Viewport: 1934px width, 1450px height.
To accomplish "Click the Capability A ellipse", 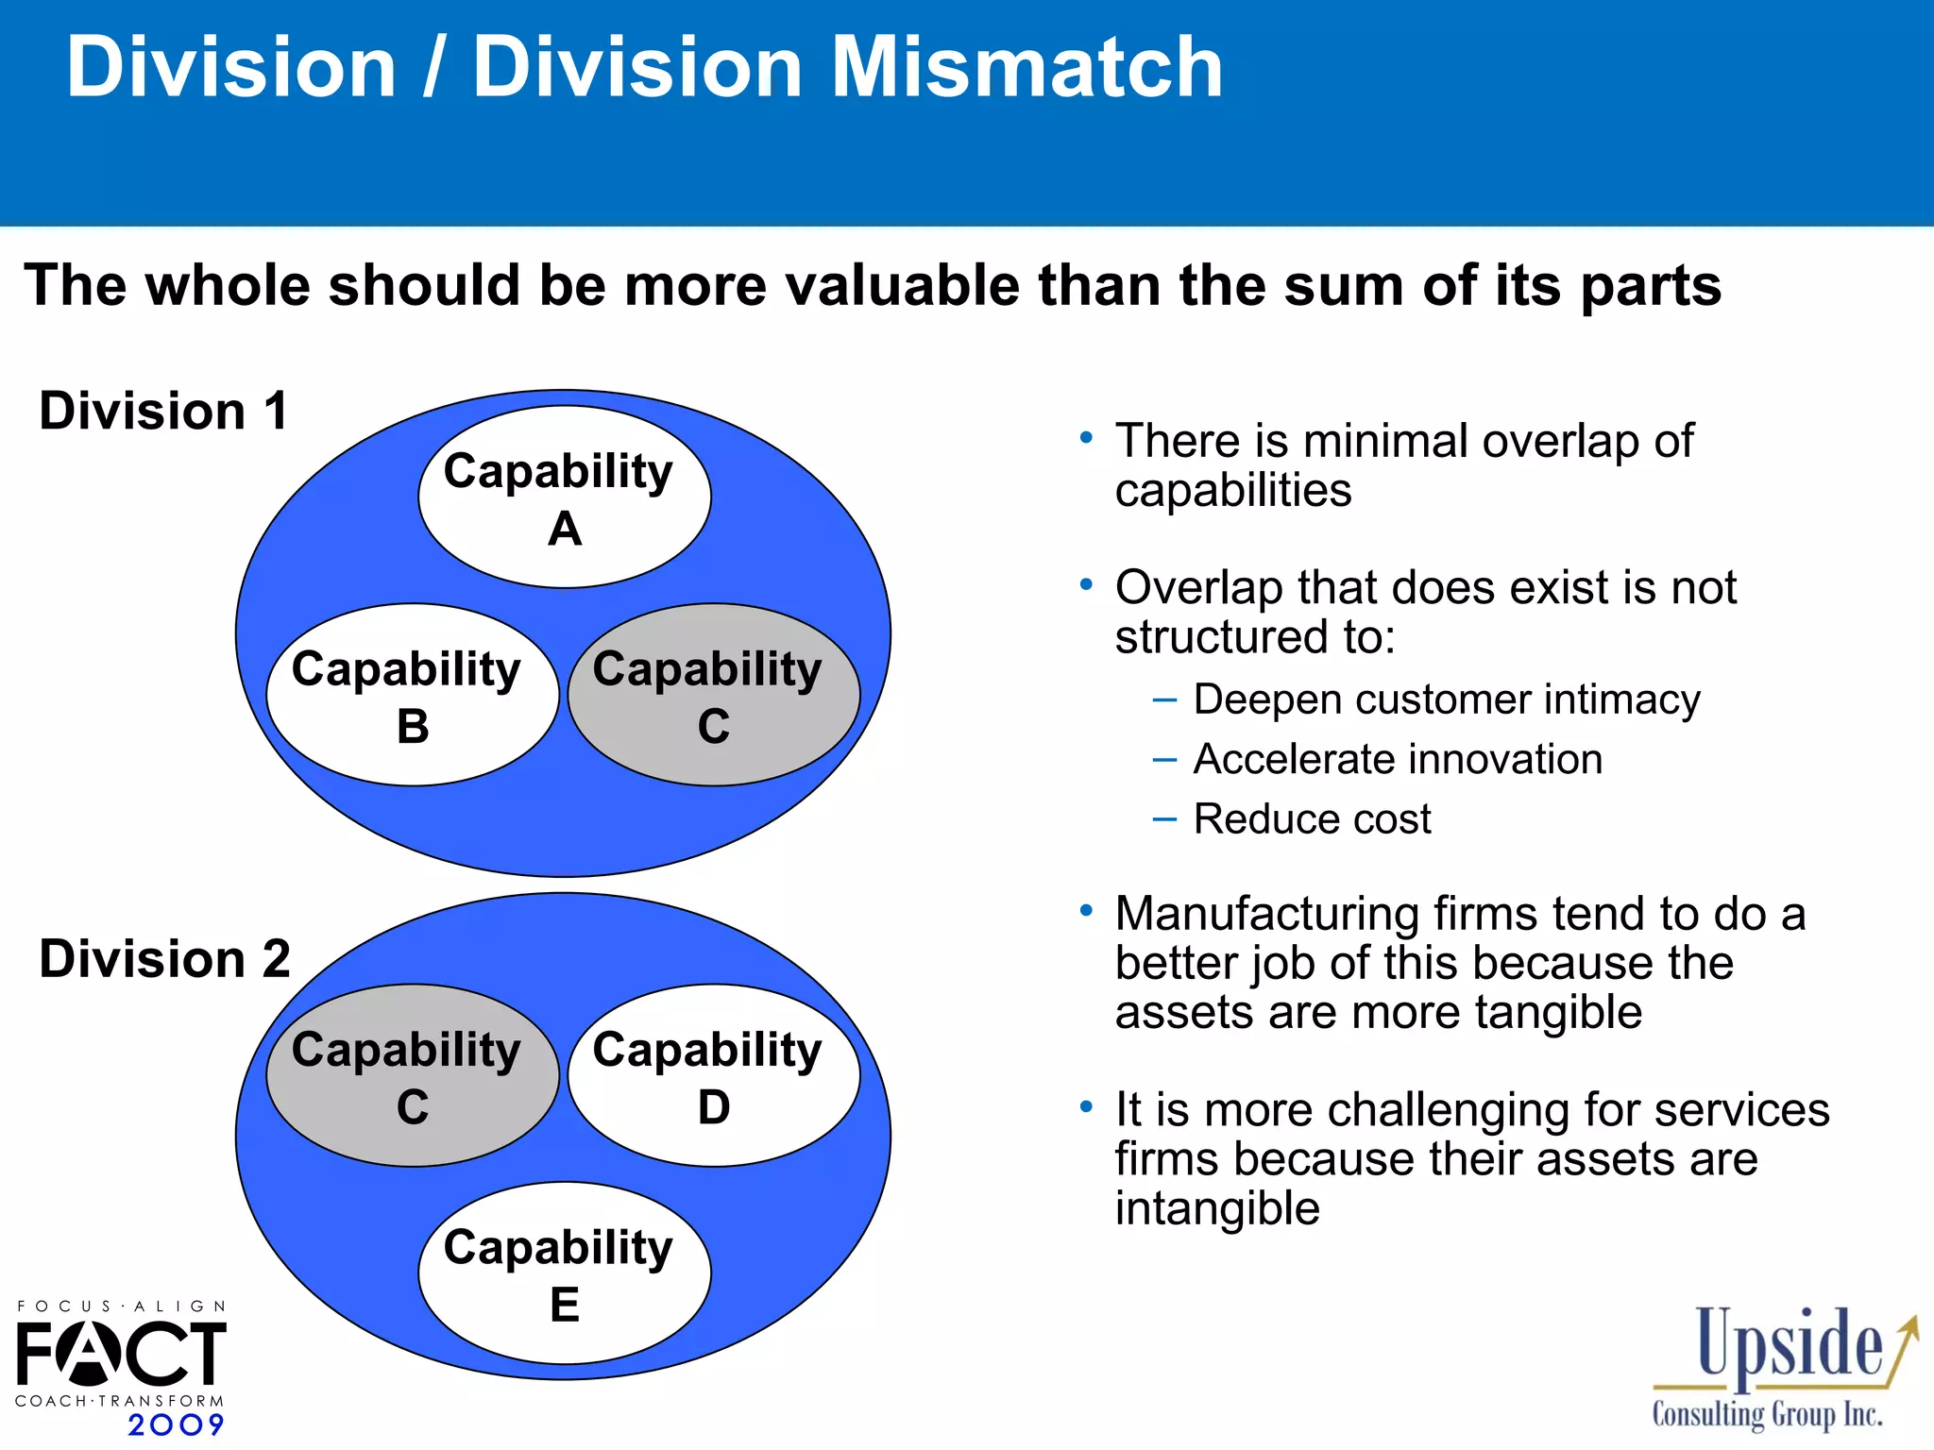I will tap(564, 497).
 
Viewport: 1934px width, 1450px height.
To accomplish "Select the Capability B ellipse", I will tap(413, 696).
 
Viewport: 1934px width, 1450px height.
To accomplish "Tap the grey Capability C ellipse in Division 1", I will tap(714, 696).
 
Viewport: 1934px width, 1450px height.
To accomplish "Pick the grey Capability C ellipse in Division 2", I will tap(413, 1076).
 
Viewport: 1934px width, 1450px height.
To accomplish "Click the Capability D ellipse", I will tap(714, 1076).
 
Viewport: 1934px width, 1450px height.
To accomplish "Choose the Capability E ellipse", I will tap(564, 1273).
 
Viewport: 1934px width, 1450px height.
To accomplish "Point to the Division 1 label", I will tap(163, 412).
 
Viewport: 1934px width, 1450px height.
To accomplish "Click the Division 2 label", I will tap(164, 959).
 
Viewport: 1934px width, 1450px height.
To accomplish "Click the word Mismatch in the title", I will tap(1026, 68).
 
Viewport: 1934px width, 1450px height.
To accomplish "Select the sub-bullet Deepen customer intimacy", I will tap(1446, 700).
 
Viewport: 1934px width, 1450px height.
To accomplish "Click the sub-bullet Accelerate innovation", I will tap(1398, 759).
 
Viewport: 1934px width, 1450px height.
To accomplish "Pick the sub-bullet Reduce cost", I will tap(1312, 818).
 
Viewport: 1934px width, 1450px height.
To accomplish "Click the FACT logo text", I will tap(121, 1353).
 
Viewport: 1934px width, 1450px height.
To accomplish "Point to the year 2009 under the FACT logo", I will tap(177, 1425).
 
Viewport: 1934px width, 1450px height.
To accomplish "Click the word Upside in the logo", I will tap(1789, 1344).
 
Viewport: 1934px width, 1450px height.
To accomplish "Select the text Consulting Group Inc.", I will tap(1767, 1414).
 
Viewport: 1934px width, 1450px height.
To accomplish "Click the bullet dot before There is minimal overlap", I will tap(1086, 438).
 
